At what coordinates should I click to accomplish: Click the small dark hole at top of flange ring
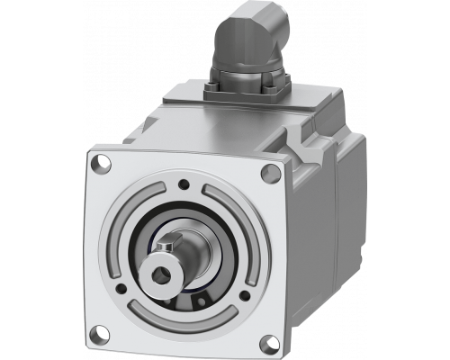pos(184,184)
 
